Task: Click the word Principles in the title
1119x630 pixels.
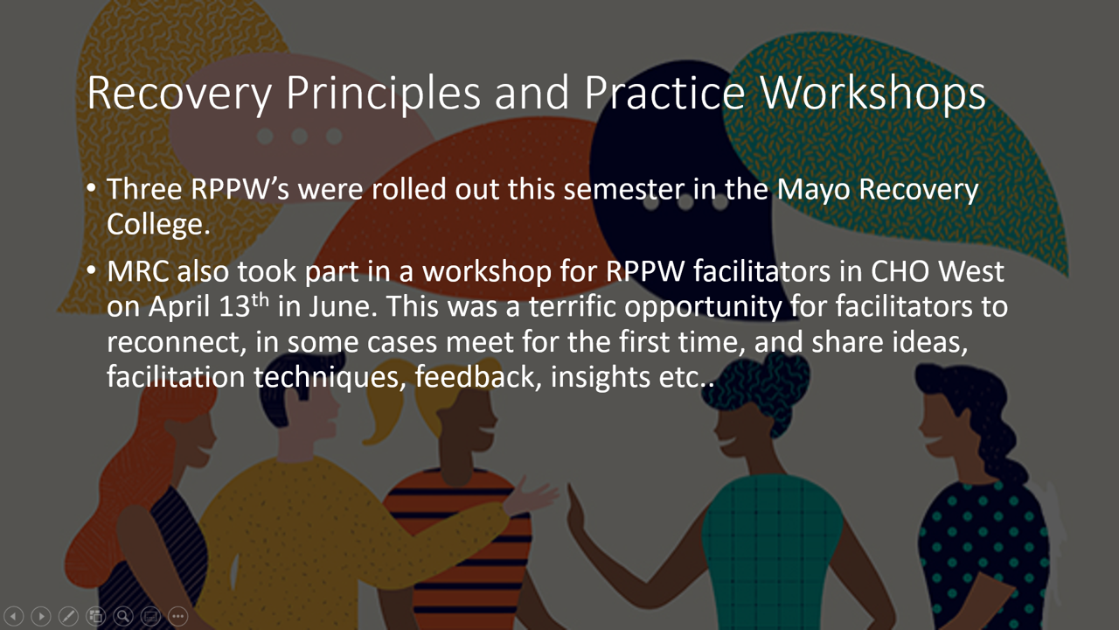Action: click(x=383, y=94)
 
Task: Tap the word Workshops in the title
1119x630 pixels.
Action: click(x=872, y=93)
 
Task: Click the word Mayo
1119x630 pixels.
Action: click(x=813, y=191)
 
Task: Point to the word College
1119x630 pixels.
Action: click(x=158, y=224)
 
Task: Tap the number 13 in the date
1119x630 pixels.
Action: click(x=234, y=306)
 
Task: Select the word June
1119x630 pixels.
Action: click(x=343, y=306)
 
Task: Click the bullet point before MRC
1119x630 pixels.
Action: click(x=91, y=270)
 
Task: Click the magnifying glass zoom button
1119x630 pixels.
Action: click(x=123, y=616)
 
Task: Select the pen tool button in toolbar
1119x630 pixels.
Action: click(x=68, y=616)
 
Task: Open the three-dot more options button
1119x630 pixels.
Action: click(x=177, y=616)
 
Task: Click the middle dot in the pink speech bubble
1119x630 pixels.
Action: click(x=300, y=136)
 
